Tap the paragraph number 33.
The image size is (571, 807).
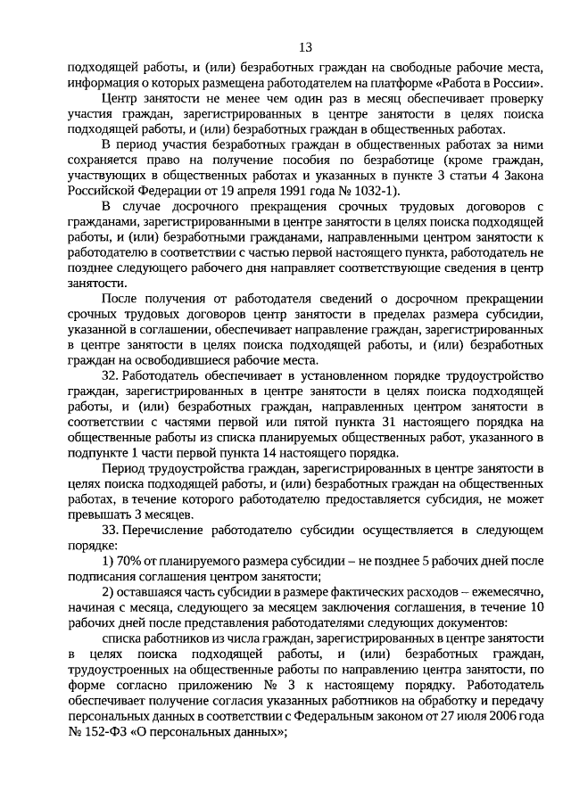tap(110, 531)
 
